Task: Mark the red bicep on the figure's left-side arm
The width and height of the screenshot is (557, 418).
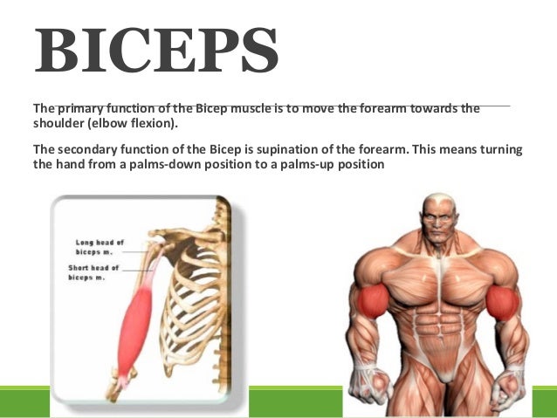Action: pyautogui.click(x=375, y=300)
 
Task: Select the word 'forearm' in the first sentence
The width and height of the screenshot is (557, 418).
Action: pyautogui.click(x=363, y=109)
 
